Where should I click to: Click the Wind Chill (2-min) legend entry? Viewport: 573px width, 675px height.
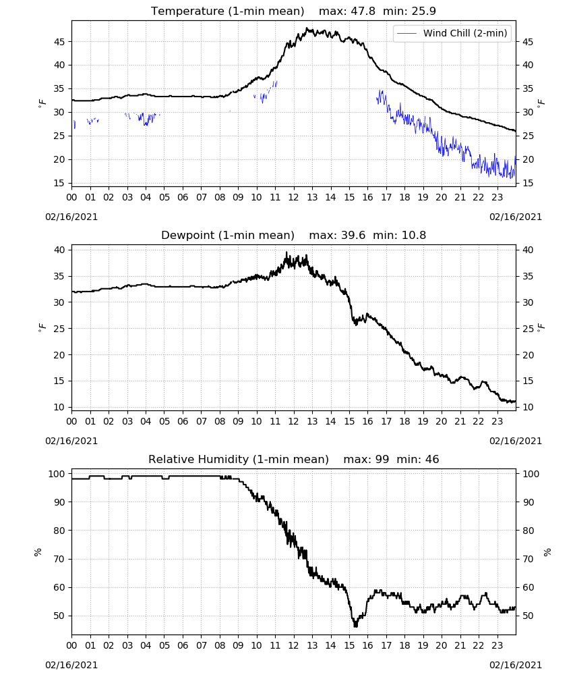[452, 33]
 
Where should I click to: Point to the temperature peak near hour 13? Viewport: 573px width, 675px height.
[307, 28]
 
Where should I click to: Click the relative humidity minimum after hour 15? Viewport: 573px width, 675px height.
[355, 625]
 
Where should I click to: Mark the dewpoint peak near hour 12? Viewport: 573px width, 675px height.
[286, 252]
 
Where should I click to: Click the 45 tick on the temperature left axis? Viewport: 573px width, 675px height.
[59, 42]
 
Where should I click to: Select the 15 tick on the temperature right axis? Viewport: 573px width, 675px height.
[528, 183]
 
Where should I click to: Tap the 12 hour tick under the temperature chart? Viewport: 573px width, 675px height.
[294, 197]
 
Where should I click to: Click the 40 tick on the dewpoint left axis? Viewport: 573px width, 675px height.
[59, 250]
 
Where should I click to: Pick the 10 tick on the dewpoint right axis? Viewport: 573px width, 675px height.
[528, 407]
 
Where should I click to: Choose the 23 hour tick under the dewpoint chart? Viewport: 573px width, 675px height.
[497, 421]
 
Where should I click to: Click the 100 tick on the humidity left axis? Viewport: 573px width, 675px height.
[57, 474]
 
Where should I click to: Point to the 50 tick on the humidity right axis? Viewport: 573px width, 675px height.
[528, 616]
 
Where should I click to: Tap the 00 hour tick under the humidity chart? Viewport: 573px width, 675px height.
[71, 646]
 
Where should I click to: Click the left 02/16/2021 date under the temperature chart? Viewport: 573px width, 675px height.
[71, 217]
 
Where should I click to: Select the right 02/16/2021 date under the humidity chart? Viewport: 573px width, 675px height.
[516, 665]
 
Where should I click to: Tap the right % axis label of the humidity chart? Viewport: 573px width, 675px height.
[547, 552]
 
